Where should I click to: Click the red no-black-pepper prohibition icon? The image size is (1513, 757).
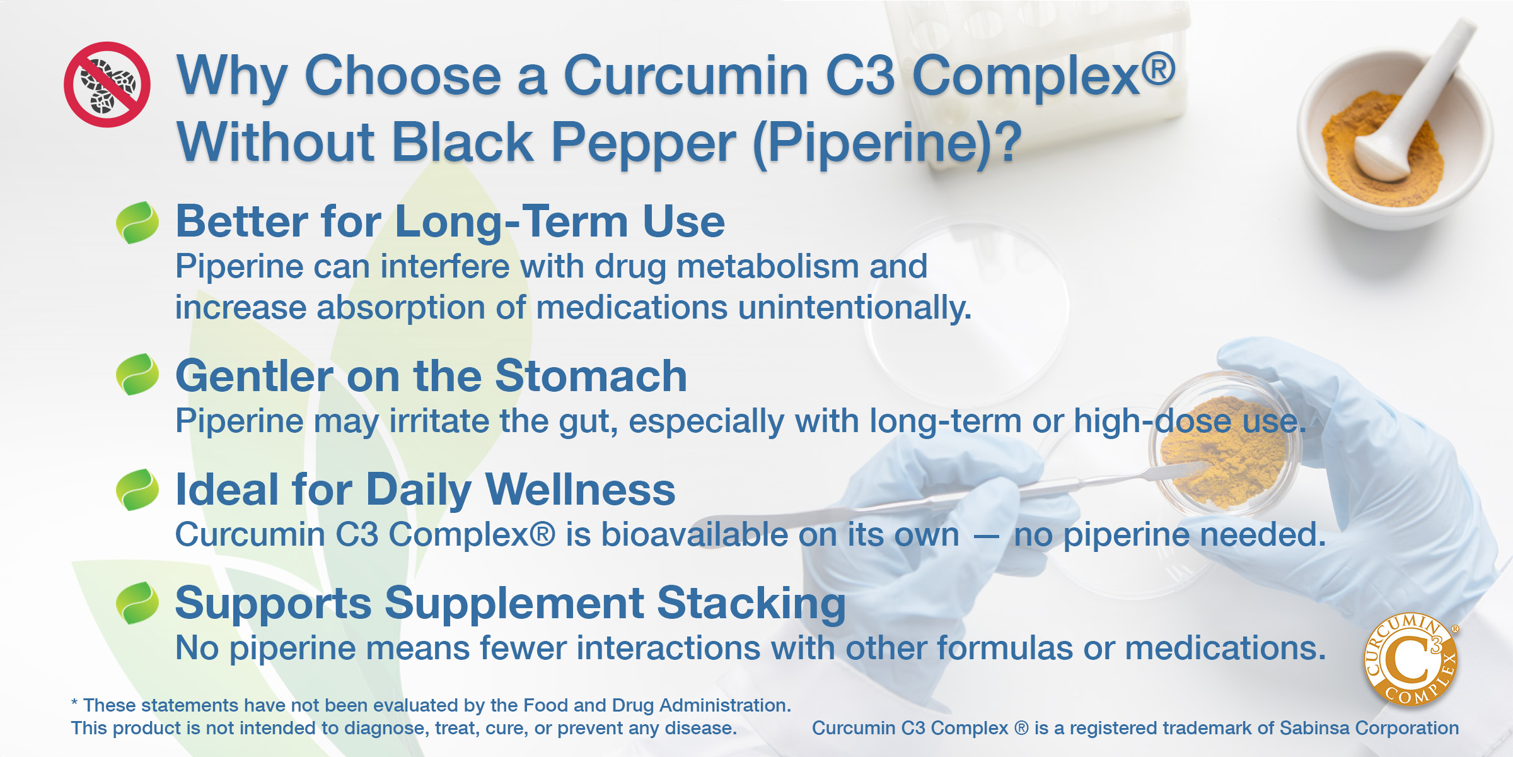click(107, 85)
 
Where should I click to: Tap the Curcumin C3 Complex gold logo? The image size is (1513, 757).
click(1411, 660)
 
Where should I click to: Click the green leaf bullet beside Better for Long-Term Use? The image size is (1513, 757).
click(137, 223)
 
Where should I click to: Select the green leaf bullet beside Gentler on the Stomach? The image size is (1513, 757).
click(137, 375)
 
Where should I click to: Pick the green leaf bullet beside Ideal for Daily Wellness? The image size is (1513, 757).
click(137, 490)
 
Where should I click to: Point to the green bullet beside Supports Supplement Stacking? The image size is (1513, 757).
click(137, 603)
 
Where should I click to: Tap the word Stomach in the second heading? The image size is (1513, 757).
click(591, 376)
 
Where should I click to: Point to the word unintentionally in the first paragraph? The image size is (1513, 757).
click(854, 307)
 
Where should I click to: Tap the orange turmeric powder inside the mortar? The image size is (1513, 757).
click(1381, 151)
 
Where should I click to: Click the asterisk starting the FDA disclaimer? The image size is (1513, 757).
click(74, 702)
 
